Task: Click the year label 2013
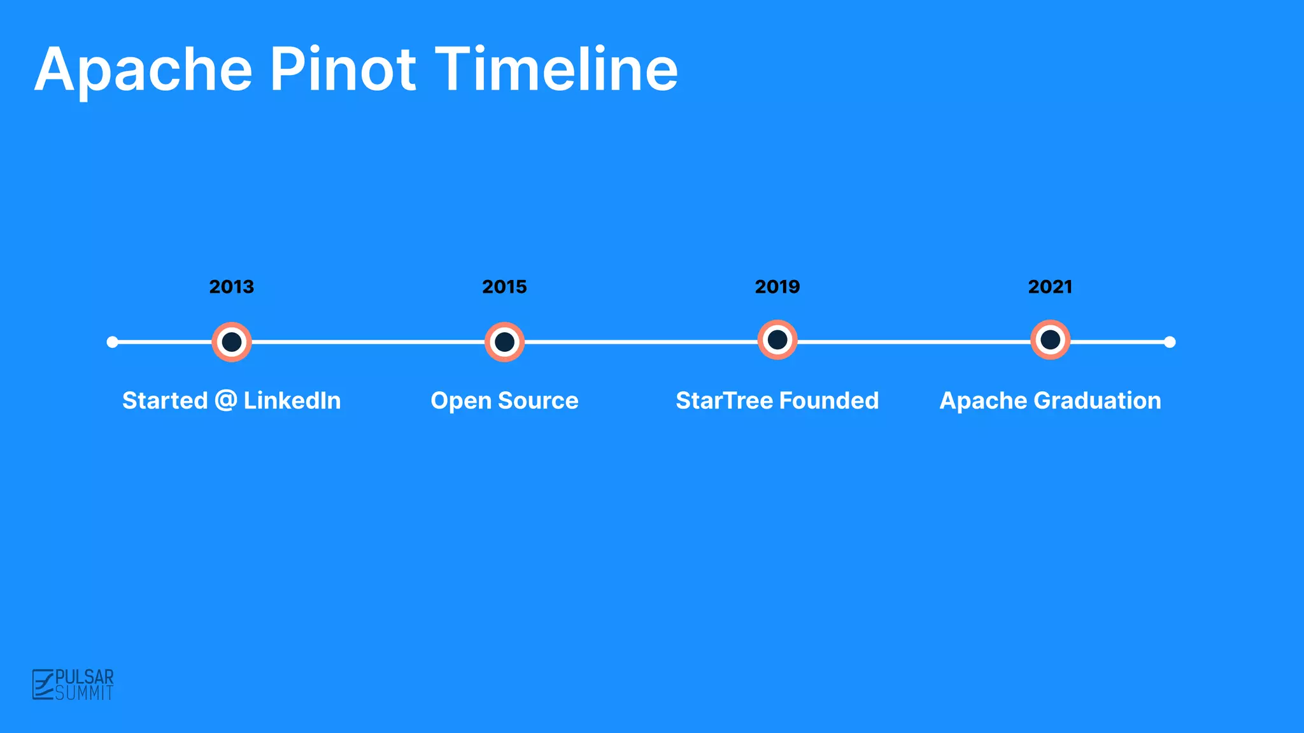tap(231, 287)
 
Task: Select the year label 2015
tap(504, 287)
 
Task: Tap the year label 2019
tap(777, 287)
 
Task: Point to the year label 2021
tap(1050, 287)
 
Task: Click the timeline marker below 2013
tap(232, 342)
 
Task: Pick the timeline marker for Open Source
tap(504, 342)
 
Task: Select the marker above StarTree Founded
tap(777, 340)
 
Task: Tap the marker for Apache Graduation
tap(1050, 340)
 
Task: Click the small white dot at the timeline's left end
tap(113, 342)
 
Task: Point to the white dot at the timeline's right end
tap(1170, 342)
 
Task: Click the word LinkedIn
tap(292, 401)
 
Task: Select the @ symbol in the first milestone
tap(225, 401)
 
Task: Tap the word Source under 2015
tap(538, 401)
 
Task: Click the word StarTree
tap(724, 401)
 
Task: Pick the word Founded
tap(828, 401)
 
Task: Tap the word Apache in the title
tap(144, 70)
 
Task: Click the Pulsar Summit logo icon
tap(43, 685)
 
